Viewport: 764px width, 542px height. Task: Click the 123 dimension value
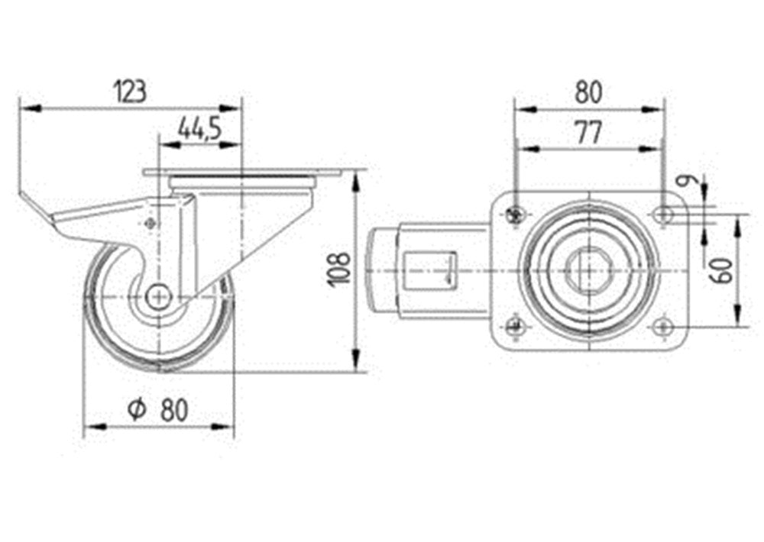(x=130, y=92)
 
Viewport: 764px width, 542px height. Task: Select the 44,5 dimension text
(x=199, y=128)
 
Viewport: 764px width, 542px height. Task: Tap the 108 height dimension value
(x=341, y=268)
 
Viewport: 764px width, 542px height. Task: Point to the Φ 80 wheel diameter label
(x=157, y=409)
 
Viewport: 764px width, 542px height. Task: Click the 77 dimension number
(x=588, y=133)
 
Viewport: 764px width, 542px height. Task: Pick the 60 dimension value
(x=724, y=271)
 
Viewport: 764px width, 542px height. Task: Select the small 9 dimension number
(x=686, y=182)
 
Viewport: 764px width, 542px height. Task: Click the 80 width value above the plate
(x=588, y=92)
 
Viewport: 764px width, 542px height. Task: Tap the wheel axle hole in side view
(x=158, y=296)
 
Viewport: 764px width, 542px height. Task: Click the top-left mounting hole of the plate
(x=514, y=214)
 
